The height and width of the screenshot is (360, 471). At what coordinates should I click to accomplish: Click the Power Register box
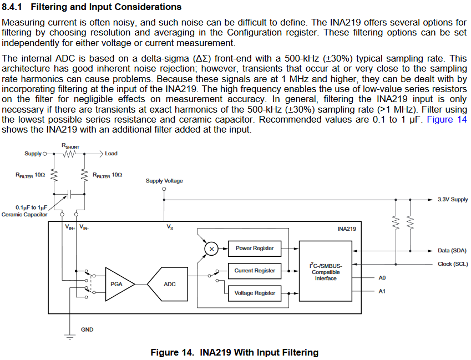pos(255,249)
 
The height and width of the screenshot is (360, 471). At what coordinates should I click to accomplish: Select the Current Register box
pos(255,271)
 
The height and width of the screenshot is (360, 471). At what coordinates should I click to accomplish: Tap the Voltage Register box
pos(255,293)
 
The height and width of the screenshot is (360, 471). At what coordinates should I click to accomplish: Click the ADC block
pos(169,284)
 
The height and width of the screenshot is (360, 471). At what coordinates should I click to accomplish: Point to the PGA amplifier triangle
pos(118,284)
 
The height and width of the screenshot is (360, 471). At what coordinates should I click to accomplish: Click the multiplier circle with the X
pos(211,249)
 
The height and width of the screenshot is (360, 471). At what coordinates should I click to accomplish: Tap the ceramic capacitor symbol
pos(69,194)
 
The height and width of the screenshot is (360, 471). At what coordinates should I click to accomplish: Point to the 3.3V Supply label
pos(452,199)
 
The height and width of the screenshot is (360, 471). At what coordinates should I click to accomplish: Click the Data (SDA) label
pos(452,251)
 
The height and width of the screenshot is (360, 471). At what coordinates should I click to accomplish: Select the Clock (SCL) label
pos(452,264)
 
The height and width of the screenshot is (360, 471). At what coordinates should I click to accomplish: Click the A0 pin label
pos(382,277)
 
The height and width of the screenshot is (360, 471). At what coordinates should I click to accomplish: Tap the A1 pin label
pos(382,291)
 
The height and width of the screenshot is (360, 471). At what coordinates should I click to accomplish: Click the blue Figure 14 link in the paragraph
pos(447,120)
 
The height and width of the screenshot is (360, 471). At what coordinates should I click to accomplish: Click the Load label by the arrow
pos(111,154)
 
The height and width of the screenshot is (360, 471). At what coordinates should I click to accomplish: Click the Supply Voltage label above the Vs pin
pos(164,181)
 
